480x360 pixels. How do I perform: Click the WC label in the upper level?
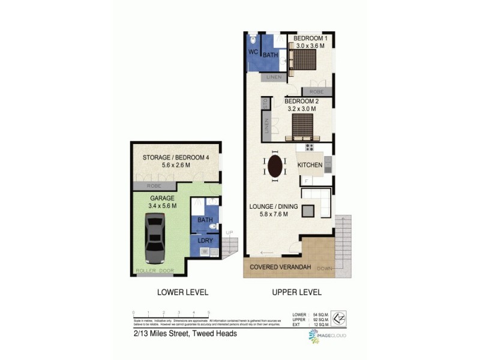(253, 52)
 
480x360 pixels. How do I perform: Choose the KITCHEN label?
(311, 165)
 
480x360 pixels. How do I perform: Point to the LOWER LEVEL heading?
(182, 293)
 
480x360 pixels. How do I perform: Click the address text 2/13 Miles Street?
(185, 334)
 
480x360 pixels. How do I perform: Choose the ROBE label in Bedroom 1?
(317, 91)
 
